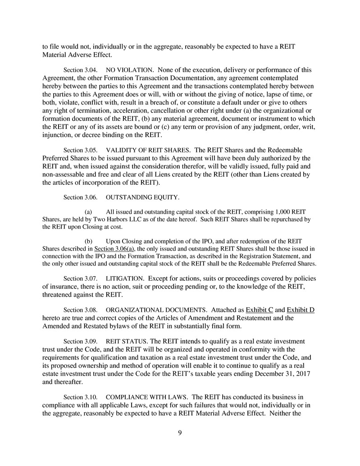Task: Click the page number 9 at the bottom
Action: coord(180,433)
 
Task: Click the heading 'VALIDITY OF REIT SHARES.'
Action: coord(148,150)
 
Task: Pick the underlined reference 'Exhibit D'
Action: coord(301,310)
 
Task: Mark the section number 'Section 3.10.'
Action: coord(81,397)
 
